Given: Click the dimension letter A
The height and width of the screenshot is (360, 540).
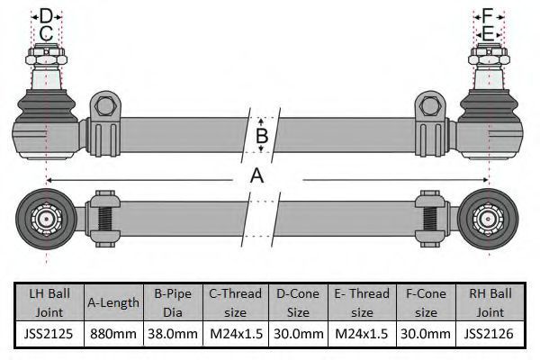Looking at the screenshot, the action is tap(256, 175).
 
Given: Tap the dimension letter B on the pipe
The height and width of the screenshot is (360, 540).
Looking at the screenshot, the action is tap(262, 135).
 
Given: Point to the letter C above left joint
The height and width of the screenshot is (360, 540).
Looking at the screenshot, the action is tap(46, 33).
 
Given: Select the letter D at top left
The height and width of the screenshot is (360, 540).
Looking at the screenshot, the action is tap(46, 16).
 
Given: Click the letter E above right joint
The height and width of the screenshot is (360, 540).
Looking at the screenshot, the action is tap(488, 34).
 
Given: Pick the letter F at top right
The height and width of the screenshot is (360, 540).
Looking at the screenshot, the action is tap(488, 16).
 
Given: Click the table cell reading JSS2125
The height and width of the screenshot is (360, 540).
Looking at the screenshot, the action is tap(49, 334).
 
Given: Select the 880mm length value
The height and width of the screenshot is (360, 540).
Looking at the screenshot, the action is tap(113, 334).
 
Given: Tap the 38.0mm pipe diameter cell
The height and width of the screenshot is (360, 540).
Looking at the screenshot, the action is tap(173, 334).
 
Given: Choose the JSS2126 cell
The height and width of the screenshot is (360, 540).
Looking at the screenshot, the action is tap(490, 334).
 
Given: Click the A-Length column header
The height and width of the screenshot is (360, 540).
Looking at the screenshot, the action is tap(113, 302).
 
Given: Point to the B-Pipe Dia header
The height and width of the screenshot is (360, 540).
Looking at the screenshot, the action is tap(173, 302).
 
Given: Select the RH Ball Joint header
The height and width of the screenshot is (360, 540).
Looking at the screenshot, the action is tap(490, 302).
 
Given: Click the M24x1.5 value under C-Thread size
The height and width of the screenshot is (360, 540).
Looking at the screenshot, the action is tap(236, 334).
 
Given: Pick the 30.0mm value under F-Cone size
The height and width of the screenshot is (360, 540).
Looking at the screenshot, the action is tap(426, 334).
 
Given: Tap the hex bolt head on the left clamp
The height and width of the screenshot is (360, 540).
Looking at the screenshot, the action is tap(105, 106).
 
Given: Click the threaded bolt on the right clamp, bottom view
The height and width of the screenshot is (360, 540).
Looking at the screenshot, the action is tap(430, 219).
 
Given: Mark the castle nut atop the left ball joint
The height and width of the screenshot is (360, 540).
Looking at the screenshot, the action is tap(47, 56).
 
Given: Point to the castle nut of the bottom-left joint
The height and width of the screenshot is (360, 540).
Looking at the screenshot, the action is tap(46, 219).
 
